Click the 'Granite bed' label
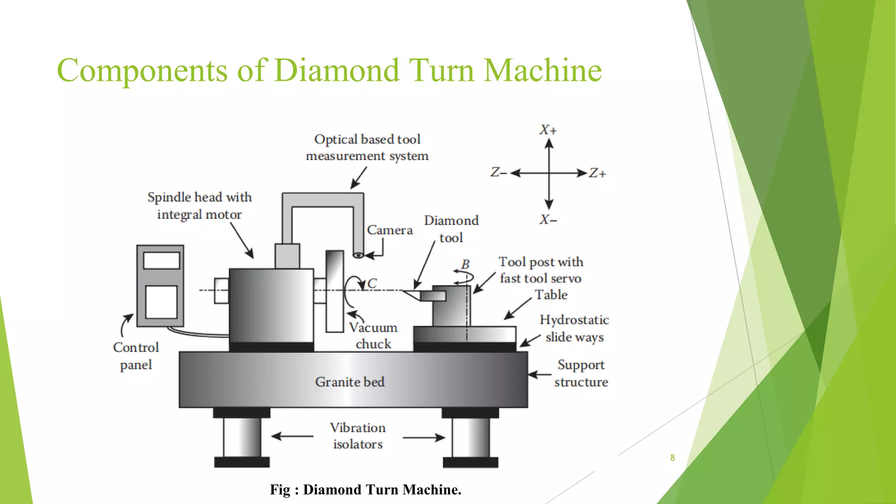coord(350,382)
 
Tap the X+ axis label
coord(548,130)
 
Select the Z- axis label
coord(498,172)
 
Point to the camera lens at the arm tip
coord(358,255)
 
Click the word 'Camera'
coord(389,230)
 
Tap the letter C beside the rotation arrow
coord(372,283)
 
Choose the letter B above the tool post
coord(465,264)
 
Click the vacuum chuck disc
coord(335,291)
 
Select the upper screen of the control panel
coord(161,261)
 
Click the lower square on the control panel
coord(161,302)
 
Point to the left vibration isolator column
coord(242,437)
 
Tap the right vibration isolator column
coord(471,437)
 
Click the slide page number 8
coord(672,458)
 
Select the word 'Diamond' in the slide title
coord(337,70)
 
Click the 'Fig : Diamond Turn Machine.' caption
coord(365,490)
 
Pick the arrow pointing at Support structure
coord(539,374)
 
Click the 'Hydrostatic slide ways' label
coord(574,329)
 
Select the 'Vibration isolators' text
coord(358,436)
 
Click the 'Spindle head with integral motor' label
coord(199,206)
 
